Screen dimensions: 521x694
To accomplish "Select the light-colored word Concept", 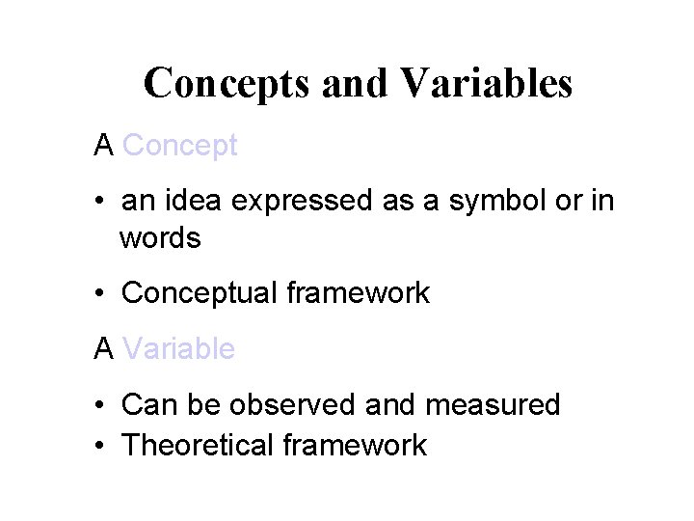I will tap(180, 146).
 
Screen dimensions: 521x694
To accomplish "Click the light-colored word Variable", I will tap(179, 348).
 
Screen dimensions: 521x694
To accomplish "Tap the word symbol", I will tap(470, 204).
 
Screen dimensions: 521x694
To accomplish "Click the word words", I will tap(160, 238).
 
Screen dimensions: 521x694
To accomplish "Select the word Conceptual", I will tap(201, 293).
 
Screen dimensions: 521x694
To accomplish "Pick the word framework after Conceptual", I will tap(359, 293).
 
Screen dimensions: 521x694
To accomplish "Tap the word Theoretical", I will tap(201, 445).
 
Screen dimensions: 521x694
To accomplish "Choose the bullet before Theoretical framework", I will tap(100, 447).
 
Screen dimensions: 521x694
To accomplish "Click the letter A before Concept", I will tap(104, 146).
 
